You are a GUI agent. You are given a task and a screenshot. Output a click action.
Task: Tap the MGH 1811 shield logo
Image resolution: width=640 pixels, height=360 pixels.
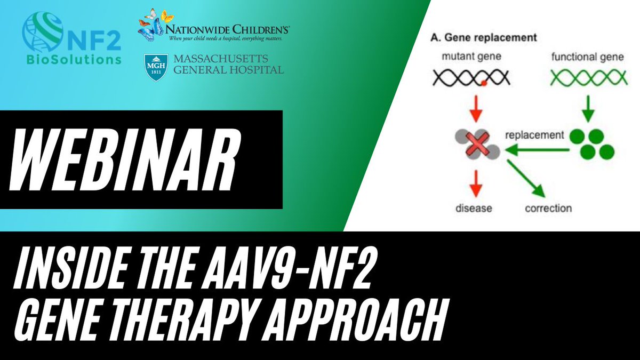pos(156,68)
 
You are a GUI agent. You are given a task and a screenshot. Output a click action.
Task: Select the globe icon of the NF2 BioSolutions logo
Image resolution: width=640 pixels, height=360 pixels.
pos(43,31)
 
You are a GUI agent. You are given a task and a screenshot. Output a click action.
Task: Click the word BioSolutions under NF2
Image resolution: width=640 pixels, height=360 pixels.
pos(74,60)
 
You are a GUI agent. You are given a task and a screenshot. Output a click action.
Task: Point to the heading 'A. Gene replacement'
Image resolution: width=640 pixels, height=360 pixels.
pos(484,37)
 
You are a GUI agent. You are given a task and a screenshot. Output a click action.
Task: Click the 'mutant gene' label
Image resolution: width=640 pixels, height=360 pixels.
pos(471,57)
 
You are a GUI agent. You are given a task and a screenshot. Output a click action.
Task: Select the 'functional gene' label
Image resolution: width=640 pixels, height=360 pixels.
pos(587,57)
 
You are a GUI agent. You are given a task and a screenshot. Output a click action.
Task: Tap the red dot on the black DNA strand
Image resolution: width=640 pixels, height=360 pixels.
pos(484,83)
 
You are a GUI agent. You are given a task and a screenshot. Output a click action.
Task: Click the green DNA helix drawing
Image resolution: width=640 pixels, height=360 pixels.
pos(589,78)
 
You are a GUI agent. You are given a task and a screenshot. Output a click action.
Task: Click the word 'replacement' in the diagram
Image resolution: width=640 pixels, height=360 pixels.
pos(534,135)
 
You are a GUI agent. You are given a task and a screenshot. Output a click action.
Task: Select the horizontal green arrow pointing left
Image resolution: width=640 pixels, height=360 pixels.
pos(537,150)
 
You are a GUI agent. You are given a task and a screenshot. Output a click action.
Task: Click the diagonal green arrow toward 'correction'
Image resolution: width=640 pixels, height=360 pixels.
pos(526,179)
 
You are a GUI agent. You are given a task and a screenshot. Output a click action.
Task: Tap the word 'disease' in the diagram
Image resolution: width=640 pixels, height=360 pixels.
pos(474,209)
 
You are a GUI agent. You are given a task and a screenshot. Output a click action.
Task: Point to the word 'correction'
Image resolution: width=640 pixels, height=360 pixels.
pos(548,209)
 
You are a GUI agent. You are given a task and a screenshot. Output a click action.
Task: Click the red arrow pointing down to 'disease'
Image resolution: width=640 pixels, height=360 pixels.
pos(476,183)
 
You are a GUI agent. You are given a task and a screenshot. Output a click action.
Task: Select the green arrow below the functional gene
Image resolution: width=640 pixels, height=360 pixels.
pos(588,109)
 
